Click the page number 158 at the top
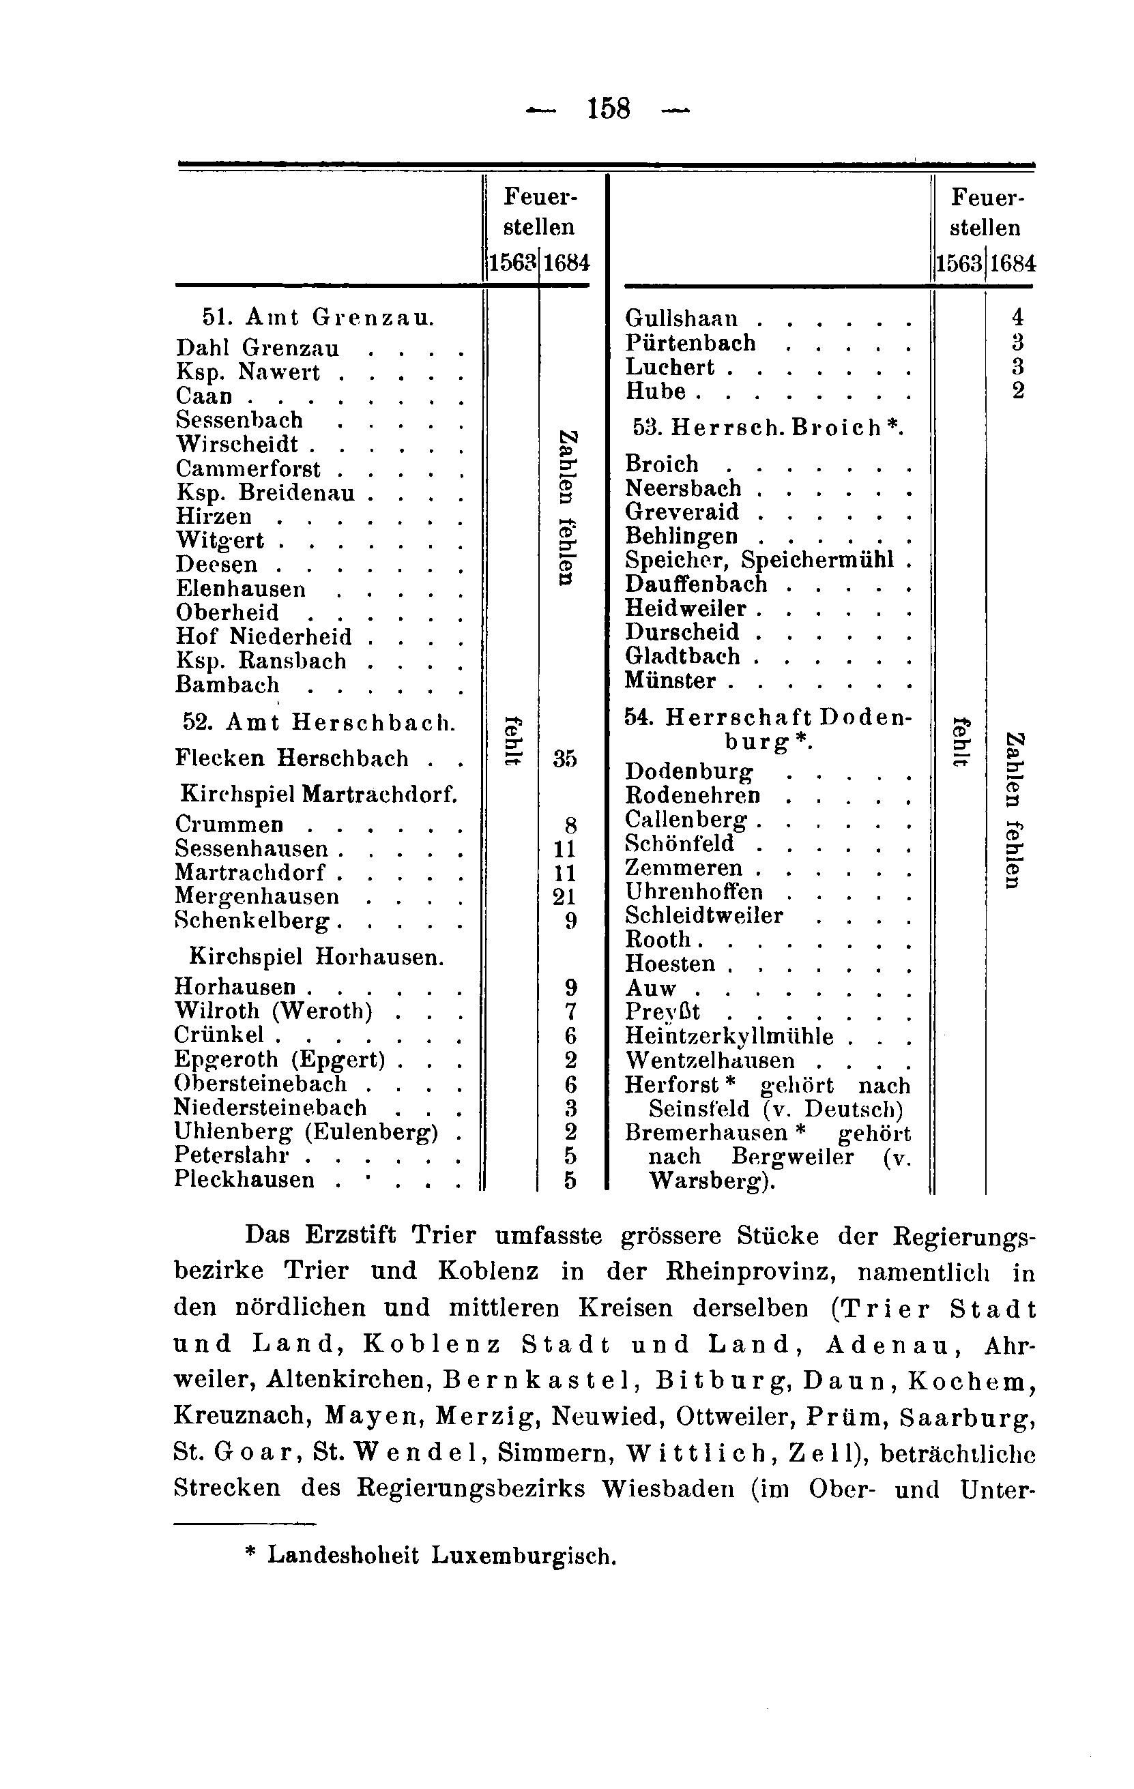[608, 110]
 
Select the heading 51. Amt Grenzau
[318, 318]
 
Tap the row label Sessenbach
[239, 421]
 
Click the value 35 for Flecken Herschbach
[566, 758]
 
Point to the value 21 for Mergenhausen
[566, 897]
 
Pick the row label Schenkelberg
[252, 921]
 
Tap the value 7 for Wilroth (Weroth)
[570, 1011]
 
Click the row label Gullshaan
[682, 319]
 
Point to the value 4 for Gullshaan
[1017, 317]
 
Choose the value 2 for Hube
[1018, 390]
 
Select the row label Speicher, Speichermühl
[759, 560]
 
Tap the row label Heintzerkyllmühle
[729, 1037]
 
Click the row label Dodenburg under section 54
[689, 772]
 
